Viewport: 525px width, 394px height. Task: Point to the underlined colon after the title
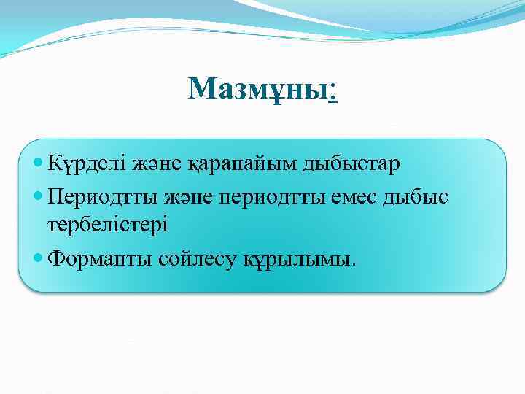tap(332, 93)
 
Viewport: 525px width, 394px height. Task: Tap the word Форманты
tap(99, 260)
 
